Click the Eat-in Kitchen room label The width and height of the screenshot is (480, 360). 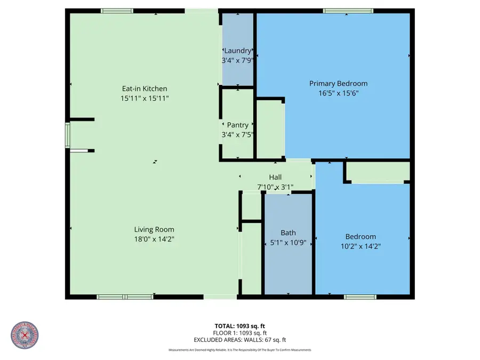(x=143, y=89)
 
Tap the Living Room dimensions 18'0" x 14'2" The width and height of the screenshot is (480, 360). (x=154, y=239)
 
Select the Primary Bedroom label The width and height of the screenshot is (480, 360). (x=338, y=84)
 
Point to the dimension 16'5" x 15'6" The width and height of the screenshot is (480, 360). (x=338, y=93)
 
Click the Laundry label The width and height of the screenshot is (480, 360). (x=237, y=51)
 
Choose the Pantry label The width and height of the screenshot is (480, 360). (x=237, y=125)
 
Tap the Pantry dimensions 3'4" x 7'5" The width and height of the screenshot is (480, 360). (x=237, y=134)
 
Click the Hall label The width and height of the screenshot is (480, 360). (x=275, y=178)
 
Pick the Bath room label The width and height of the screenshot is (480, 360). (x=288, y=233)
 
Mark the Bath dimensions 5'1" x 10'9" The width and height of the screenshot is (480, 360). (x=288, y=243)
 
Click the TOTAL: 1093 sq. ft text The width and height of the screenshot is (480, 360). (x=239, y=325)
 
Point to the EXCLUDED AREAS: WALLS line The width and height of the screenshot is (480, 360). (x=239, y=339)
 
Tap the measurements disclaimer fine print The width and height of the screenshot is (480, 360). (x=239, y=350)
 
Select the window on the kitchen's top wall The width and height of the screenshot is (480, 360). (x=117, y=11)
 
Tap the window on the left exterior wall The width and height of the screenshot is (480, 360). (x=67, y=134)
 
